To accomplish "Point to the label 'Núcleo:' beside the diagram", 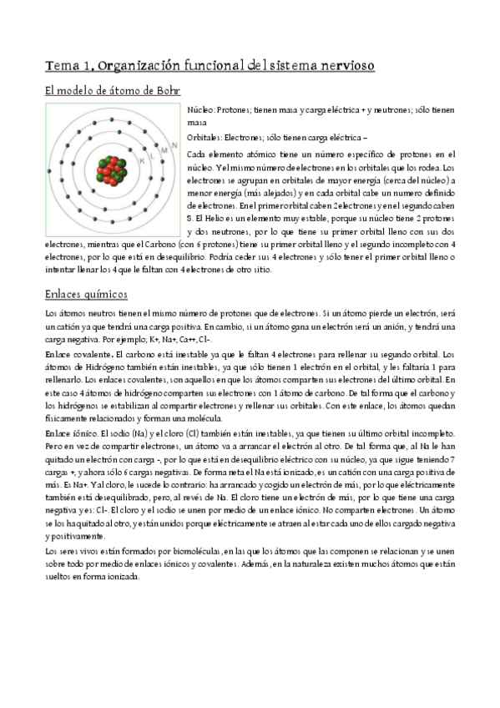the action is pyautogui.click(x=200, y=109).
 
